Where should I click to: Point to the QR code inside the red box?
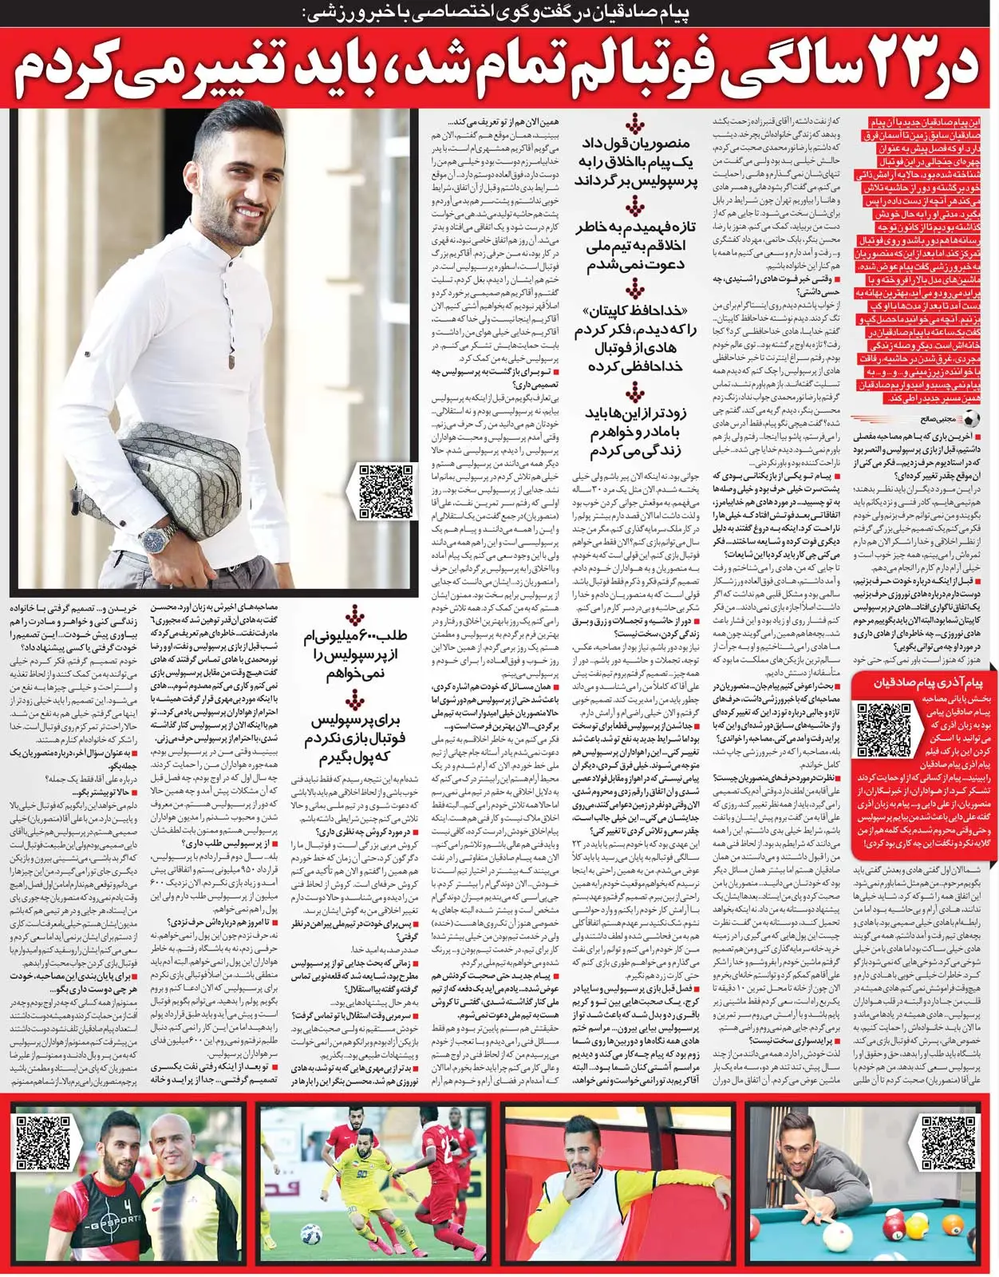pos(883,729)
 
